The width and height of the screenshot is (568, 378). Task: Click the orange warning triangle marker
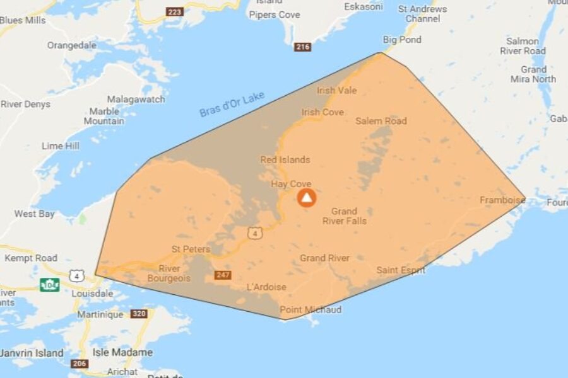pos(307,198)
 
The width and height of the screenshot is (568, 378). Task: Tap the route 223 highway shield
pos(174,12)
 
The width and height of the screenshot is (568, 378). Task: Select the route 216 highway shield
pos(303,47)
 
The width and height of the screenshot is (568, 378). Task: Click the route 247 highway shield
pos(223,275)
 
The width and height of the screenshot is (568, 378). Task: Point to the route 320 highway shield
pos(139,313)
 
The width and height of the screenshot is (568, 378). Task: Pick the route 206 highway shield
pos(80,364)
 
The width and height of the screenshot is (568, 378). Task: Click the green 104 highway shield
pos(50,285)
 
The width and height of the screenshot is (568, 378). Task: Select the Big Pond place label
pos(402,40)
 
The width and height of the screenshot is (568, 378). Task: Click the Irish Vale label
pos(337,91)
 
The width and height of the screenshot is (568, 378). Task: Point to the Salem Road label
pos(381,121)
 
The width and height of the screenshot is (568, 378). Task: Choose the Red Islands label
pos(285,160)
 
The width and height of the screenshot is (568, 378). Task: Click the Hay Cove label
pos(291,184)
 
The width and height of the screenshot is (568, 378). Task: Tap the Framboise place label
pos(502,200)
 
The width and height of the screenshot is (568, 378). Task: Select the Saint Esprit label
pos(401,270)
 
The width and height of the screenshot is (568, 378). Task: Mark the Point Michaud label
pos(311,309)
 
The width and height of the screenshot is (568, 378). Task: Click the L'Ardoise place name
pos(266,287)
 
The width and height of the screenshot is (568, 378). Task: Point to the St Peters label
pos(191,249)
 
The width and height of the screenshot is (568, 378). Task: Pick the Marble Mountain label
pos(104,116)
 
